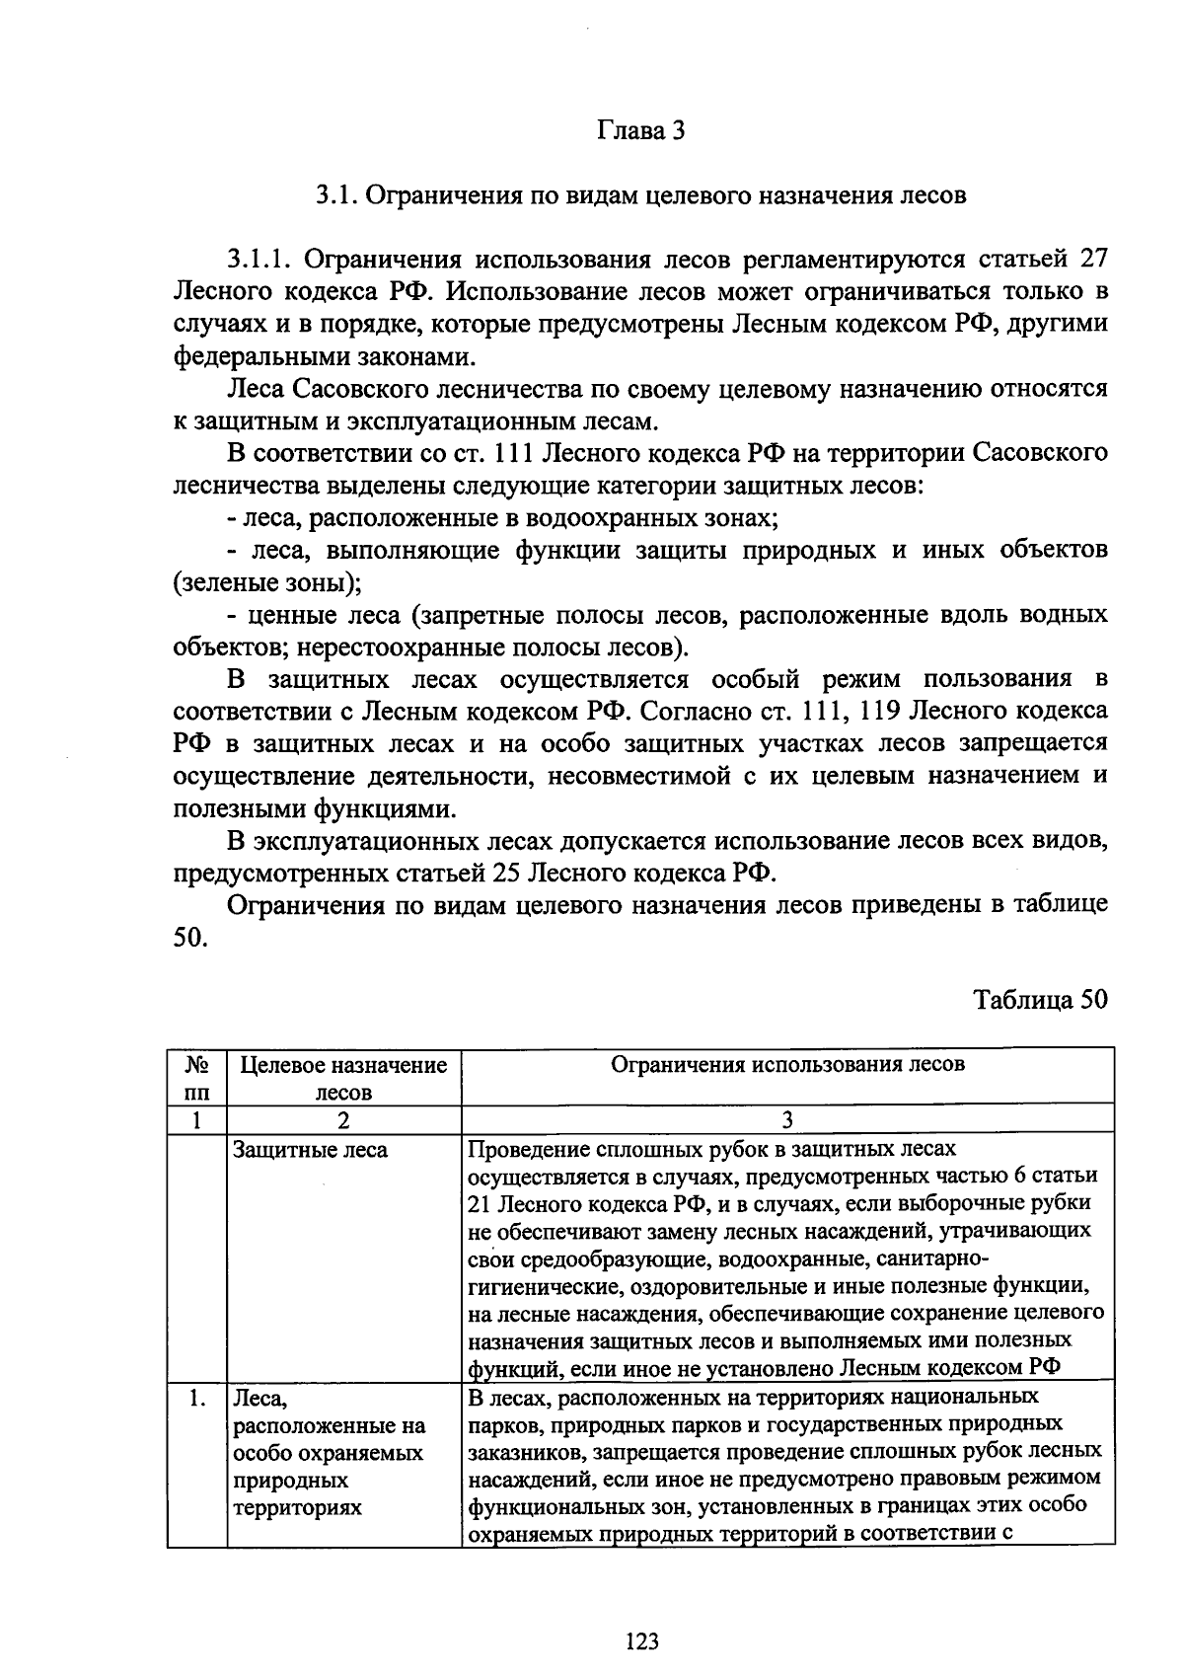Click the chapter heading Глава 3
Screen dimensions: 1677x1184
(640, 131)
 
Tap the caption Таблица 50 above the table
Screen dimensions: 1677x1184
(1040, 1000)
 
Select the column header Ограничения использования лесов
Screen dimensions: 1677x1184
(787, 1064)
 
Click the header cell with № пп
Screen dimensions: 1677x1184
(196, 1078)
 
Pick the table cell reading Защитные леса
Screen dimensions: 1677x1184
(309, 1150)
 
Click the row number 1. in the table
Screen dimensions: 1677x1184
(197, 1398)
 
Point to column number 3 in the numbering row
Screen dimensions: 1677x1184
(786, 1120)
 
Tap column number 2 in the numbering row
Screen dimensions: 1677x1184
(342, 1120)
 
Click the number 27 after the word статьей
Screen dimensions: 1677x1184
(1093, 260)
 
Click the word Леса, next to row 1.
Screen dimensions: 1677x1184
(259, 1399)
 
